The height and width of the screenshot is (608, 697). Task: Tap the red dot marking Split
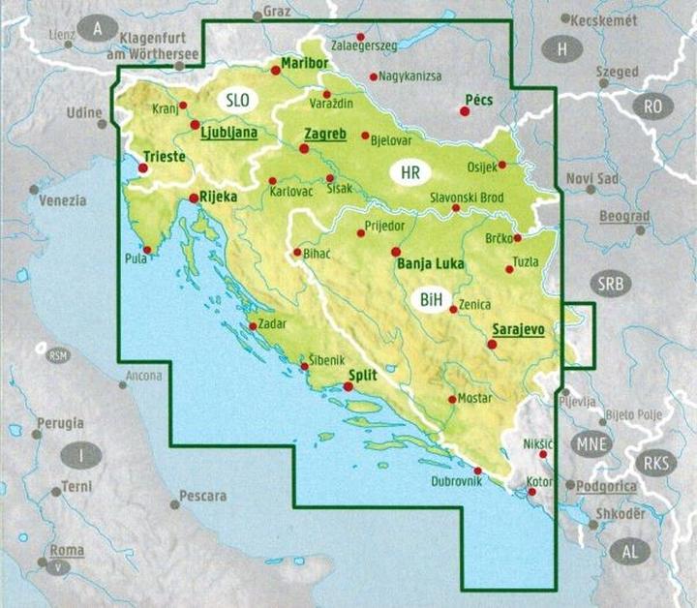348,387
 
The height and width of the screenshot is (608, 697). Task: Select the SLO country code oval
237,100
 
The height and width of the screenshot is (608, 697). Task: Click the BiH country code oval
431,301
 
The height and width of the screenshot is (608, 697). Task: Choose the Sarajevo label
519,329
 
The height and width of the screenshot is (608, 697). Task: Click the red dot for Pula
146,249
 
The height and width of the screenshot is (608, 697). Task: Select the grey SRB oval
610,285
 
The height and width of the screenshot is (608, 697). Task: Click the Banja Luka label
427,263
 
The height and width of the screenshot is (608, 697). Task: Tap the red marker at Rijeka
195,198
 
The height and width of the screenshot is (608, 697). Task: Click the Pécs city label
479,99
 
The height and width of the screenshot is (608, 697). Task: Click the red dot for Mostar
452,399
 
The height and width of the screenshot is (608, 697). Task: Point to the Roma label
67,550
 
